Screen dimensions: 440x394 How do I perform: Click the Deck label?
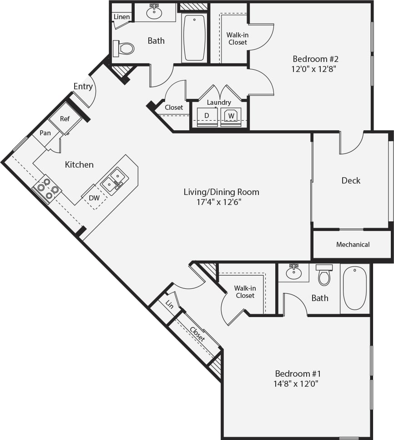(351, 180)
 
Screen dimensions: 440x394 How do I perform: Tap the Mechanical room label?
(353, 245)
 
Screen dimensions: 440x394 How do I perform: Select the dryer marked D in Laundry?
(207, 116)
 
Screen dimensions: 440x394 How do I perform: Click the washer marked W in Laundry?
(231, 116)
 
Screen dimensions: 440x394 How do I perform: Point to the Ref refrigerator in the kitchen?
(65, 119)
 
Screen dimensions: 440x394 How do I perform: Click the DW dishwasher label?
(94, 198)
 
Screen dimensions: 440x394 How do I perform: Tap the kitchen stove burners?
(48, 189)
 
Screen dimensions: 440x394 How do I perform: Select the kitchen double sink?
(114, 180)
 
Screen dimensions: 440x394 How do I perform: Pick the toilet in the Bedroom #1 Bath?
(324, 275)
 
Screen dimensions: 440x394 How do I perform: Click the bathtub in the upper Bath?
(194, 37)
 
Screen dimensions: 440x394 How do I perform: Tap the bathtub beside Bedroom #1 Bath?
(354, 288)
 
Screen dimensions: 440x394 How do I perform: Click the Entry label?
(83, 87)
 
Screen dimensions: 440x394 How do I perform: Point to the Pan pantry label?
(45, 133)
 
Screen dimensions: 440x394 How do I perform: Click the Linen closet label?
(121, 17)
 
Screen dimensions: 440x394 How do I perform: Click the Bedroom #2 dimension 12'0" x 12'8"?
(315, 69)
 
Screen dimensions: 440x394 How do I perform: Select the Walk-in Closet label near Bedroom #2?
(237, 39)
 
